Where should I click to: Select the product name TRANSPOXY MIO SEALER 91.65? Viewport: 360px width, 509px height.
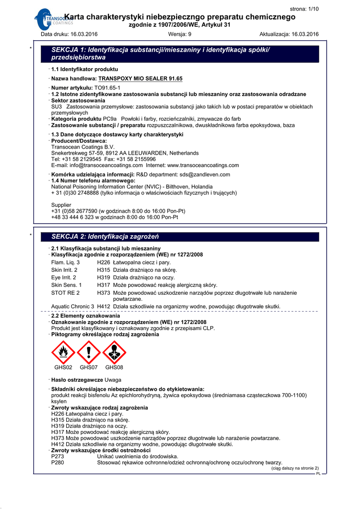pos(141,79)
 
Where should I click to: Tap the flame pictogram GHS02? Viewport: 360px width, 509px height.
pos(63,352)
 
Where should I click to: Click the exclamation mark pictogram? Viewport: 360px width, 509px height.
pos(89,352)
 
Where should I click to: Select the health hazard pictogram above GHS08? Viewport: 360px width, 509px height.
pos(114,352)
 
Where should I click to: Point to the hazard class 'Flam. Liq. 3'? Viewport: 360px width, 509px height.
pos(65,262)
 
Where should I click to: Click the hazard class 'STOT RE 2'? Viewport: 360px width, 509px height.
pos(65,293)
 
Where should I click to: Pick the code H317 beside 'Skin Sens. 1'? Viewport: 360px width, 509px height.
pos(103,285)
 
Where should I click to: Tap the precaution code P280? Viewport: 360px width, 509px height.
pos(58,462)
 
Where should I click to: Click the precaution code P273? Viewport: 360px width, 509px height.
pos(58,456)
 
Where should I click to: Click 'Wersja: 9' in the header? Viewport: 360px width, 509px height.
pos(180,34)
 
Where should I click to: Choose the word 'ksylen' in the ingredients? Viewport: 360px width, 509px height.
pos(59,401)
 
